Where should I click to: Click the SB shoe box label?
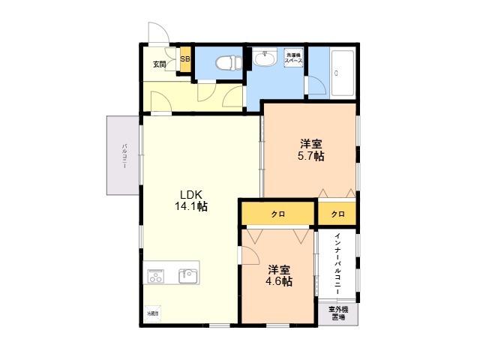point(185,59)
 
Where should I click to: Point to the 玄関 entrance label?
point(160,64)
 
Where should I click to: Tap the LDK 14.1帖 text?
point(191,200)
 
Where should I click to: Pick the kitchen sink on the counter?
point(187,276)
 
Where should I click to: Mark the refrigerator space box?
point(152,313)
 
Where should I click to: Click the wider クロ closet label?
point(277,214)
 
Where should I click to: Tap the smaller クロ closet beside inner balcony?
point(337,214)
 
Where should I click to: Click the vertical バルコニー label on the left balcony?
point(124,155)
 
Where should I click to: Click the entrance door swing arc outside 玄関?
point(158,33)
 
